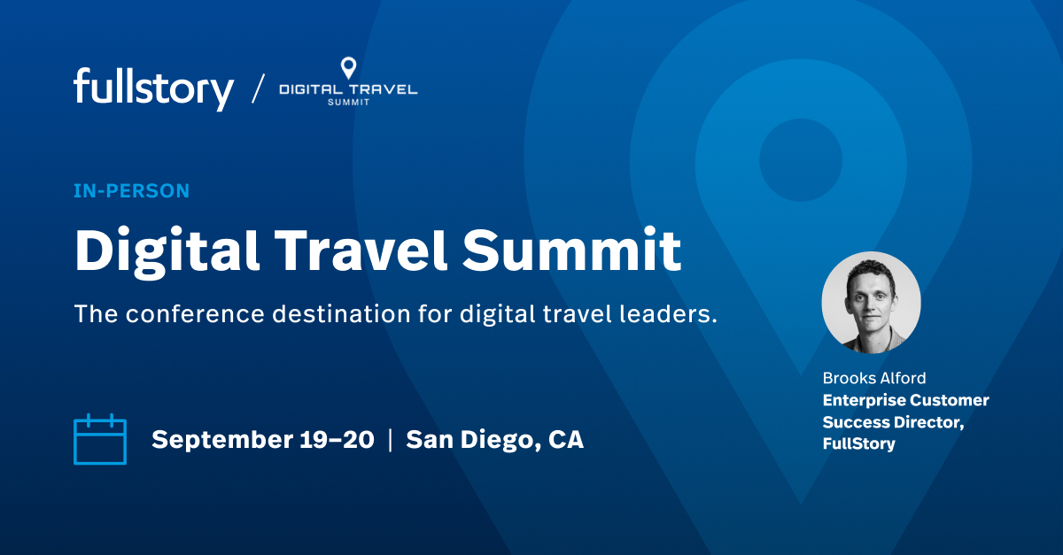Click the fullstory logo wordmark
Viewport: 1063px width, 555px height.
(153, 89)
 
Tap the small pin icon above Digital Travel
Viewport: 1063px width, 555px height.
(348, 68)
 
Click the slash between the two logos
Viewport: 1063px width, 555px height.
(258, 89)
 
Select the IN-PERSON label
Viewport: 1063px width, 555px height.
(132, 190)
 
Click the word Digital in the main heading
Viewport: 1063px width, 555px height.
(167, 251)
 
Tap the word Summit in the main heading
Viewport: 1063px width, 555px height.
(572, 251)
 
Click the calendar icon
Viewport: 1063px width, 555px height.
(100, 440)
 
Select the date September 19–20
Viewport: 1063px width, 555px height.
(263, 440)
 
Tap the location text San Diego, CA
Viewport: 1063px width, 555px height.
(494, 440)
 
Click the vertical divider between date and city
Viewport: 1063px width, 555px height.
(391, 440)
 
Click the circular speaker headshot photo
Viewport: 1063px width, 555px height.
(872, 302)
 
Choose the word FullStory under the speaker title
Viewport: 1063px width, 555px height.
(858, 443)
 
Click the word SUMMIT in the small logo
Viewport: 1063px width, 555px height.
(348, 103)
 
